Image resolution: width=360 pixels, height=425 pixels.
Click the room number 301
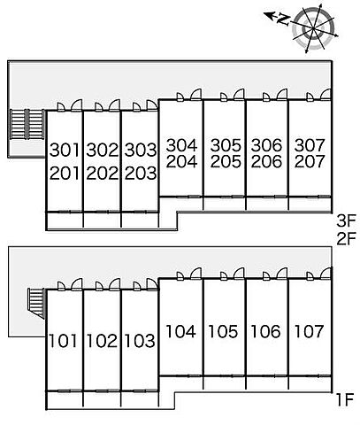[x=65, y=150]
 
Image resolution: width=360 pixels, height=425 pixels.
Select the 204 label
[x=181, y=161]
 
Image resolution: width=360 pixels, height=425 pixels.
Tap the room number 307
[x=310, y=145]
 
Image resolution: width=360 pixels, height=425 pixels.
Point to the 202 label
[x=103, y=173]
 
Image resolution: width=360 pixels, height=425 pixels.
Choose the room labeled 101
[x=63, y=341]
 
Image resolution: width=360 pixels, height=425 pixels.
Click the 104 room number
[x=180, y=331]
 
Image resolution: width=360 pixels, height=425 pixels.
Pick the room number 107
[x=309, y=331]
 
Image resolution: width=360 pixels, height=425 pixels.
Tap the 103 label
[x=140, y=341]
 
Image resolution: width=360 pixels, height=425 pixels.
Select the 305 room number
[x=226, y=145]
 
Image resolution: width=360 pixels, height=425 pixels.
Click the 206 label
[x=266, y=161]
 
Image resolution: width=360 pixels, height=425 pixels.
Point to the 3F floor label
[x=347, y=220]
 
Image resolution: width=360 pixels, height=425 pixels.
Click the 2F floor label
[x=347, y=238]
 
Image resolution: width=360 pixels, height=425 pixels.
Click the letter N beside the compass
[x=283, y=19]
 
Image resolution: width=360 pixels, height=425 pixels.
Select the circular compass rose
[x=314, y=28]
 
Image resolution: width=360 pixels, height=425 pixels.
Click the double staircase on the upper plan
[x=27, y=124]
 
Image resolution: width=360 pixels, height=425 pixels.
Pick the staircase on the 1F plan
[x=36, y=304]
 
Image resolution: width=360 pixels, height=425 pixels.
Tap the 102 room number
[x=102, y=341]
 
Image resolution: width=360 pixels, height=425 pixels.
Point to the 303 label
[x=141, y=150]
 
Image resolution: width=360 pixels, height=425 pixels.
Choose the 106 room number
[x=265, y=331]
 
